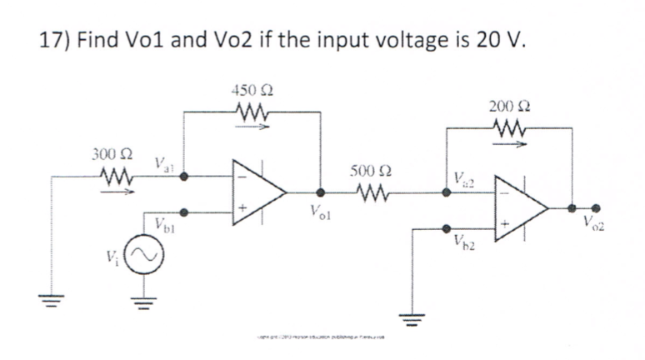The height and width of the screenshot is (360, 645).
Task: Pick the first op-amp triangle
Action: [258, 192]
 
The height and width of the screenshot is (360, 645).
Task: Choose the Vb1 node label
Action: [164, 223]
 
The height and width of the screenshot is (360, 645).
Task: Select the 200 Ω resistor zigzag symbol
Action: [507, 126]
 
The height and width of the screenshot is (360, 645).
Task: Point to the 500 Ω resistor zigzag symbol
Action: [362, 192]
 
